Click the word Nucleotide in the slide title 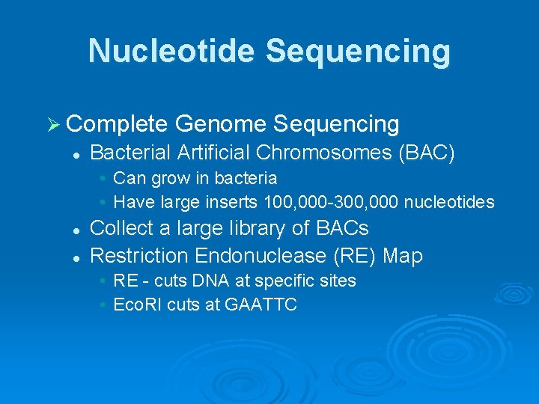point(171,52)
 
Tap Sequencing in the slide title point(357,52)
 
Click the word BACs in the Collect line point(344,228)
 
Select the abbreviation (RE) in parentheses point(356,256)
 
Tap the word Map point(403,256)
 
